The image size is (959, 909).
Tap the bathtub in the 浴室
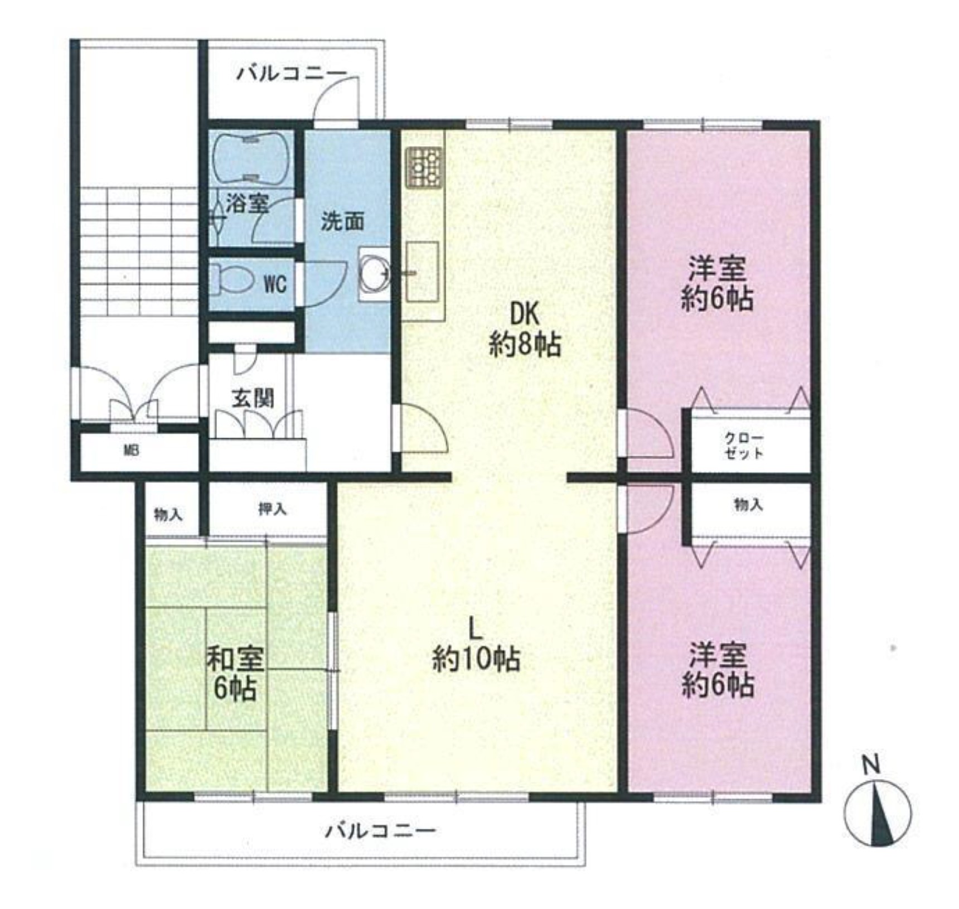coord(251,158)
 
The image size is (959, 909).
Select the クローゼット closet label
coord(744,446)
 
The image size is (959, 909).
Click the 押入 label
coord(272,509)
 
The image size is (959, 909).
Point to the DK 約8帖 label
coord(525,330)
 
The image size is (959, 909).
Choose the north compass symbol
coord(878,812)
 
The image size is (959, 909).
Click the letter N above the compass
coord(871,764)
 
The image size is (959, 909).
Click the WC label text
coord(275,284)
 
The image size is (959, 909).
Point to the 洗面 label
coord(342,221)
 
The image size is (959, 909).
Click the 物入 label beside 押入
coord(168,514)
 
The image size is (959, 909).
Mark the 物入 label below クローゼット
coord(748,505)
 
